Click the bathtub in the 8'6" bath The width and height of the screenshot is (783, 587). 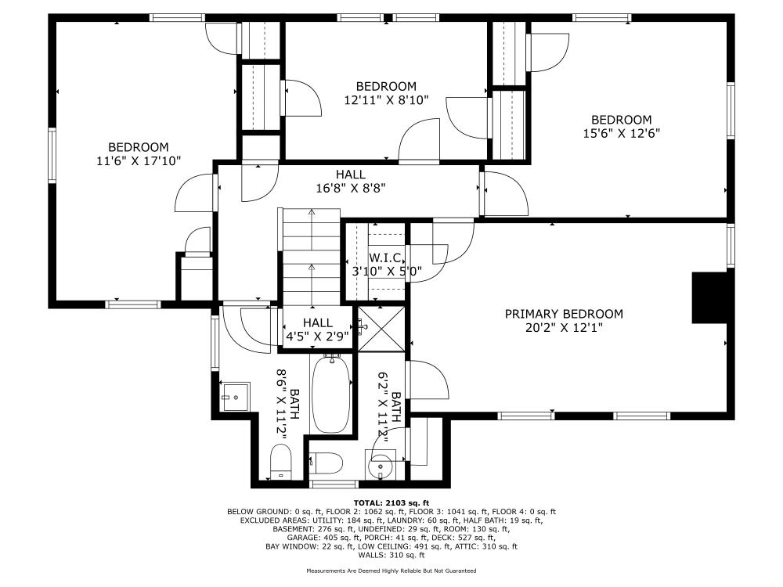[333, 393]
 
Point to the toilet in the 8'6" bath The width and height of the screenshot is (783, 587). [280, 462]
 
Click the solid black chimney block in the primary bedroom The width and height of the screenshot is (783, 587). [709, 297]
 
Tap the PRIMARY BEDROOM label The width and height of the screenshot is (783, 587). [564, 314]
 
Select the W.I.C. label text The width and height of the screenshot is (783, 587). [386, 257]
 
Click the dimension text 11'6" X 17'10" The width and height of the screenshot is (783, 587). [139, 161]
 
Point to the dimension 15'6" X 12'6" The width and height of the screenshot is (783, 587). [621, 133]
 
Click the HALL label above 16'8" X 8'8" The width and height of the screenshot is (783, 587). [350, 174]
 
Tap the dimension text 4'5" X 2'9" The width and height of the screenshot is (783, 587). [317, 336]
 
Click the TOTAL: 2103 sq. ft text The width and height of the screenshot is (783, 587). [391, 502]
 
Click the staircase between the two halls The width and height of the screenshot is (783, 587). [311, 254]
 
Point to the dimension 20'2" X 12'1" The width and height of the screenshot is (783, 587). [564, 328]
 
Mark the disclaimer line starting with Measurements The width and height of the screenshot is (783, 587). [391, 571]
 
